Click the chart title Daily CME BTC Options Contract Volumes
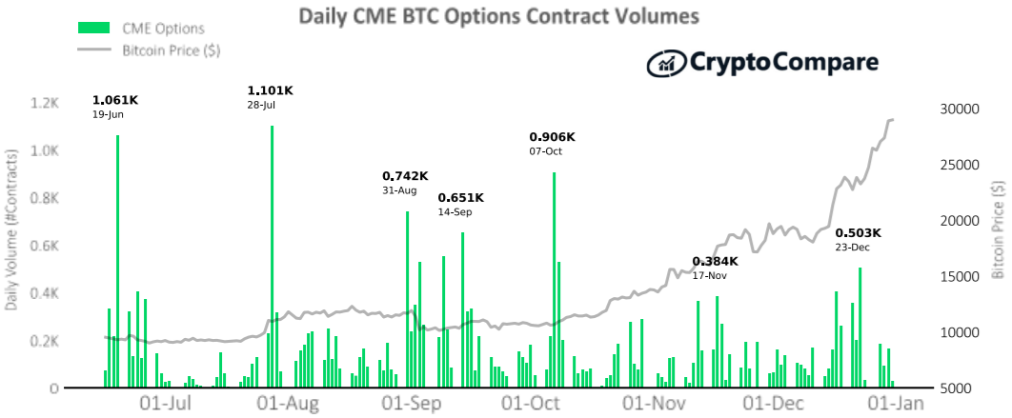498,16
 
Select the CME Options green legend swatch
94,28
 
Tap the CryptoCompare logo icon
665,63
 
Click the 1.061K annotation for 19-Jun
115,100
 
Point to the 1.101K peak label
270,90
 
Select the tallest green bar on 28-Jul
272,257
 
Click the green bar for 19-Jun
117,262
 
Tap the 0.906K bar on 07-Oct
554,281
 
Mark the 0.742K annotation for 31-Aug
405,176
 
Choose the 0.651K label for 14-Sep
461,197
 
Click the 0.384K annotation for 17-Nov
715,261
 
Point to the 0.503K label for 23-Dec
859,233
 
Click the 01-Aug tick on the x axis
287,405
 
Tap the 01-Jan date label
893,405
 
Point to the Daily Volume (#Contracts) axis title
11,231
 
